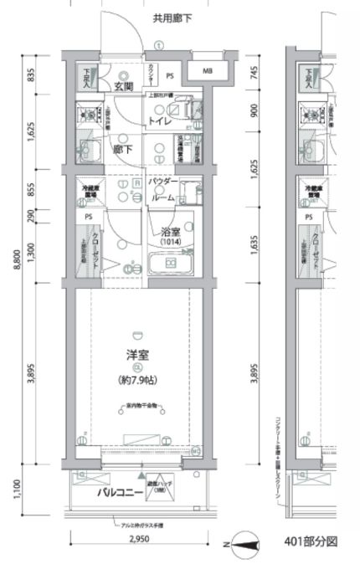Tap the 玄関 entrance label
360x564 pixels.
123,87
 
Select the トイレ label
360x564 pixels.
161,121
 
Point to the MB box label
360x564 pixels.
207,72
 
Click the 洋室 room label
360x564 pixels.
138,353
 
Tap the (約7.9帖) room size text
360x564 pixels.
138,381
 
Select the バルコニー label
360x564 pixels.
116,494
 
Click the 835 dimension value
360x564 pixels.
31,76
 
